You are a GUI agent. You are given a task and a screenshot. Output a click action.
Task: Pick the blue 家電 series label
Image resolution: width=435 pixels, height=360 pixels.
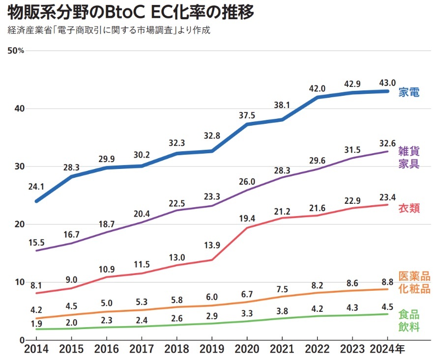pyautogui.click(x=409, y=92)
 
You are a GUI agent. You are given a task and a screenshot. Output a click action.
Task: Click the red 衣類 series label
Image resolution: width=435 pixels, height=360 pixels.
pyautogui.click(x=409, y=208)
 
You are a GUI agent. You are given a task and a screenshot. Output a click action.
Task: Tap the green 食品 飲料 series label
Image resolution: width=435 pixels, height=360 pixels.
pyautogui.click(x=409, y=320)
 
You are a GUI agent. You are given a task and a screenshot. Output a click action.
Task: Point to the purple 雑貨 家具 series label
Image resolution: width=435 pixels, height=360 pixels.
pyautogui.click(x=409, y=157)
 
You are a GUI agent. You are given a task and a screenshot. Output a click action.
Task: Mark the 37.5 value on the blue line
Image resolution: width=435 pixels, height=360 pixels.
pyautogui.click(x=247, y=115)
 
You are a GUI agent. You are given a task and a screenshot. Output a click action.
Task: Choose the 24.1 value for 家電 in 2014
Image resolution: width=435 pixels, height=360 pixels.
pyautogui.click(x=37, y=187)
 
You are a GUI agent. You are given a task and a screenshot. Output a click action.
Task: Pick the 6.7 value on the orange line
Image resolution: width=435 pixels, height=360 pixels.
pyautogui.click(x=247, y=294)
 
